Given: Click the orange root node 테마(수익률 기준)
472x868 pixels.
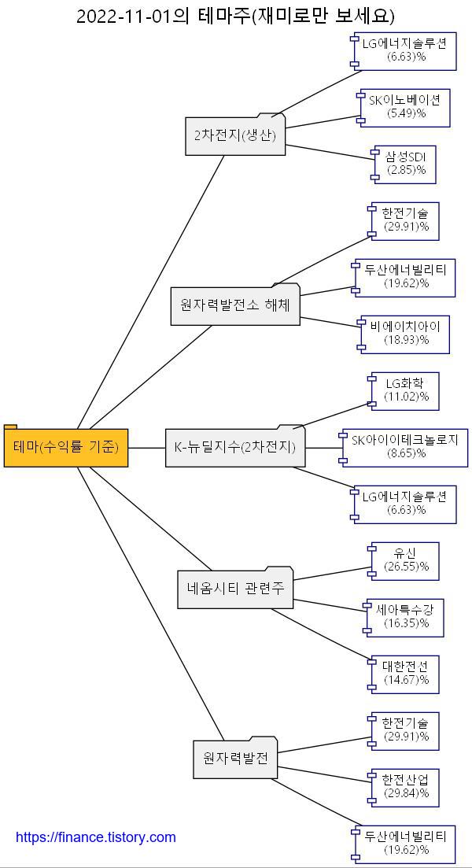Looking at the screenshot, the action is tap(66, 448).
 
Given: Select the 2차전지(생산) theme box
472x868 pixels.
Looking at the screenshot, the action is tap(235, 135).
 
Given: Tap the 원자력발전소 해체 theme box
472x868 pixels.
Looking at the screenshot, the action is tap(235, 305).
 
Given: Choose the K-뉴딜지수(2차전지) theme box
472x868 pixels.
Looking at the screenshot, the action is tap(235, 448).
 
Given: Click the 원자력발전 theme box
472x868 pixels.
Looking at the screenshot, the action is tap(235, 759).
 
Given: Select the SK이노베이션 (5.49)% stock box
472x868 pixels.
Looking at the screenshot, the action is tap(405, 107).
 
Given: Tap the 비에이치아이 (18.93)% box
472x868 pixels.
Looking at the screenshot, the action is tap(405, 334).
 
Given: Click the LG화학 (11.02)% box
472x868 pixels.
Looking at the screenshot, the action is tap(405, 390).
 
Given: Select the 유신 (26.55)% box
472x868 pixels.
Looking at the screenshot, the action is tap(405, 560).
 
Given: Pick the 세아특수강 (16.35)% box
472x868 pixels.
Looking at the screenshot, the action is tap(405, 617).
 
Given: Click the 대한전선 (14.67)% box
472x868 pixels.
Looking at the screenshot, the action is tap(405, 674).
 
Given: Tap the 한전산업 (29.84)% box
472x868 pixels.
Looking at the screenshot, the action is tap(405, 787).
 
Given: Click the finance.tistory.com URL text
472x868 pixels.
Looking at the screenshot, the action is tap(96, 837).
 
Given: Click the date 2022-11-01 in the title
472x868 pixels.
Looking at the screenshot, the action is tap(123, 16).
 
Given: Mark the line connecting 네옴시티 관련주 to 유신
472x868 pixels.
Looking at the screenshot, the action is tap(330, 574).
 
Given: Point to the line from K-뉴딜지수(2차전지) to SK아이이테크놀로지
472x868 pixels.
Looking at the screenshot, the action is tap(323, 448).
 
